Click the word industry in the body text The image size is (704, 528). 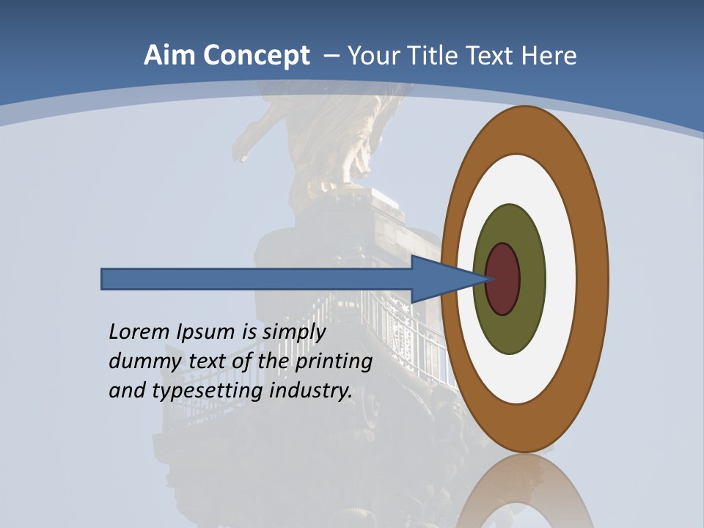click(311, 391)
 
